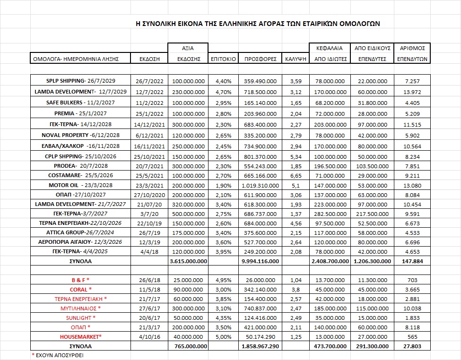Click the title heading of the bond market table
(258, 23)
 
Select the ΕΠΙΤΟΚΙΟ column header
(223, 59)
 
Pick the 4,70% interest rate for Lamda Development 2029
(223, 92)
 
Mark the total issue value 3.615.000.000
(188, 261)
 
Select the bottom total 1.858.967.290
(260, 346)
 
